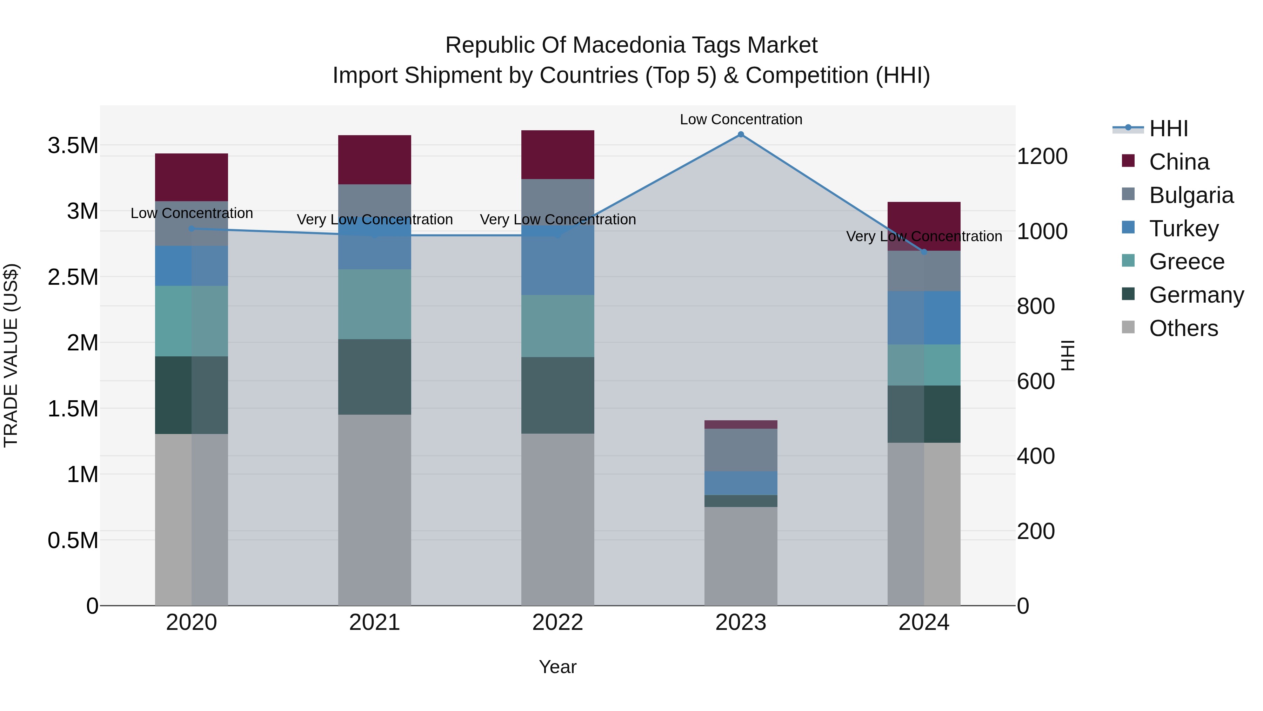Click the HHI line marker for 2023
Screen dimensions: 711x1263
pos(741,134)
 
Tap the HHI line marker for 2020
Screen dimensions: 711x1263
pos(192,229)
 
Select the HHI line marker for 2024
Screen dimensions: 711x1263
pos(924,252)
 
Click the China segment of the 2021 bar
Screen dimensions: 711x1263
pos(375,159)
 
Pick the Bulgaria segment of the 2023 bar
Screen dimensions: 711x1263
pos(741,450)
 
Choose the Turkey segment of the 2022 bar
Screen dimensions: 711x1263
pos(557,260)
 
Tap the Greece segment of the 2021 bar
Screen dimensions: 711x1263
pos(375,304)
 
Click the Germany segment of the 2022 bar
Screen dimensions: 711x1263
pos(557,395)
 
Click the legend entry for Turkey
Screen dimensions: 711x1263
pos(1184,228)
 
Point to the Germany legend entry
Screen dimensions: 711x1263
pos(1196,295)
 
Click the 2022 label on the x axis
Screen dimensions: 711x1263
pos(557,623)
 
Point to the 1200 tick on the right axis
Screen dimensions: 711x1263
pos(1042,157)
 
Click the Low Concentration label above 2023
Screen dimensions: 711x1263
pos(741,119)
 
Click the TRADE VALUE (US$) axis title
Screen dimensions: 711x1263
pos(11,355)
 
